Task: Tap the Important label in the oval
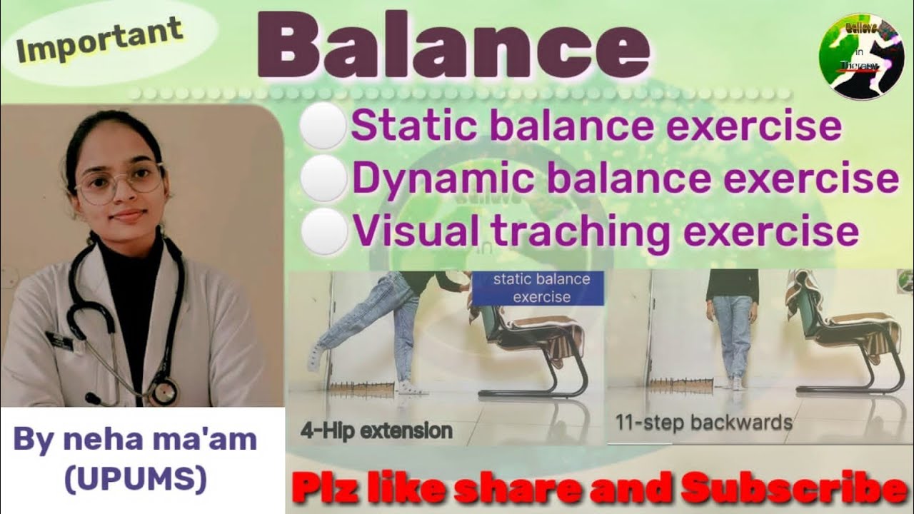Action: (99, 41)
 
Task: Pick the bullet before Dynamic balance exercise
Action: (322, 178)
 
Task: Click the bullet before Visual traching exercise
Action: (322, 231)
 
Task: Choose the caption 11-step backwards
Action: (703, 422)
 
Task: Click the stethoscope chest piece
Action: (164, 390)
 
